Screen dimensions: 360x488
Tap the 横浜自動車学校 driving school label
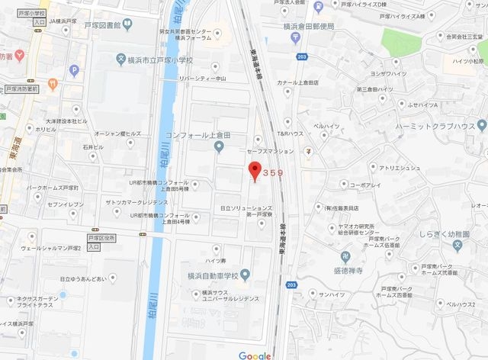213,275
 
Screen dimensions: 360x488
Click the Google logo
254,355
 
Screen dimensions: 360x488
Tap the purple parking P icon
74,71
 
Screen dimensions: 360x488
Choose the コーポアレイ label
364,185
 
